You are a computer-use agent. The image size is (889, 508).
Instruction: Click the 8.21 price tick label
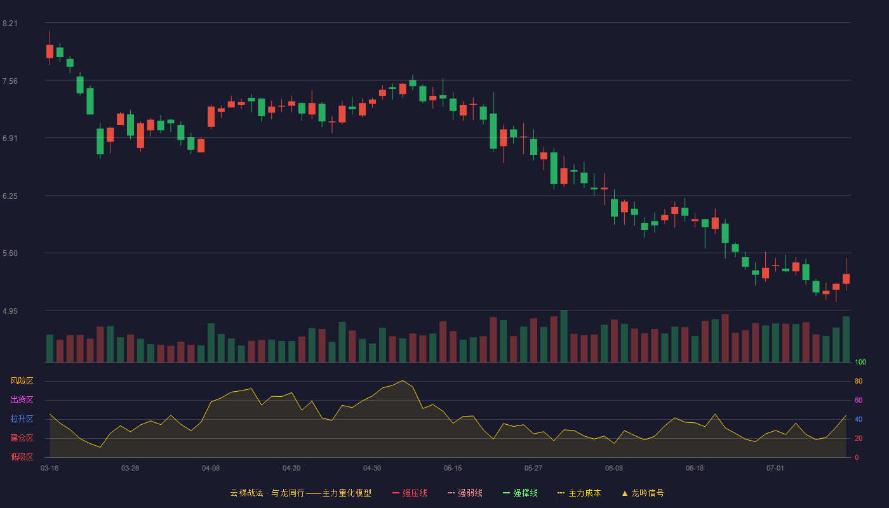pyautogui.click(x=10, y=23)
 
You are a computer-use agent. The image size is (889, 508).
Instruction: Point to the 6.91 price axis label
pyautogui.click(x=10, y=138)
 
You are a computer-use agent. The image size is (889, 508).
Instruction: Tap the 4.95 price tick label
pyautogui.click(x=10, y=311)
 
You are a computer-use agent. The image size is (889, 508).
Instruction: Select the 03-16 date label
pyautogui.click(x=50, y=469)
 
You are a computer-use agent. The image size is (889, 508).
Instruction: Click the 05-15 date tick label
pyautogui.click(x=453, y=469)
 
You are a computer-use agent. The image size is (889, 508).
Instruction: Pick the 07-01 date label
pyautogui.click(x=775, y=469)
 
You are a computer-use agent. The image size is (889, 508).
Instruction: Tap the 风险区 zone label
pyautogui.click(x=22, y=381)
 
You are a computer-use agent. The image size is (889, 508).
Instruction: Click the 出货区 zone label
pyautogui.click(x=22, y=399)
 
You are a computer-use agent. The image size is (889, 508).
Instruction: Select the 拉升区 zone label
pyautogui.click(x=22, y=418)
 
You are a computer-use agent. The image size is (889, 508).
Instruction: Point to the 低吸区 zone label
pyautogui.click(x=22, y=457)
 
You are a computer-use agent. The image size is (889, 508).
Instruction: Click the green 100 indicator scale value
pyautogui.click(x=860, y=362)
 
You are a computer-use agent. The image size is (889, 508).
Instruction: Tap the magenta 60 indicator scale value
pyautogui.click(x=859, y=400)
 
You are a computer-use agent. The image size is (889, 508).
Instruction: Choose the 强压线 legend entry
pyautogui.click(x=410, y=493)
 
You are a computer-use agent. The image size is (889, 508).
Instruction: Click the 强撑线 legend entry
pyautogui.click(x=520, y=493)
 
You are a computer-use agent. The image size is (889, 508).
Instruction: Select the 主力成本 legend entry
pyautogui.click(x=579, y=493)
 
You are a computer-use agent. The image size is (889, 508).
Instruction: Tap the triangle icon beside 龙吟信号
pyautogui.click(x=625, y=493)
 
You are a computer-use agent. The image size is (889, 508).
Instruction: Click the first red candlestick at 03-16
pyautogui.click(x=50, y=51)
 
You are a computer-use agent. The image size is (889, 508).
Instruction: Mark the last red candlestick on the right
pyautogui.click(x=846, y=279)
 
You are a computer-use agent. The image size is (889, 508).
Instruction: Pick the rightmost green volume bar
pyautogui.click(x=846, y=339)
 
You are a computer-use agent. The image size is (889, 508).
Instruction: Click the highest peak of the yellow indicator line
pyautogui.click(x=403, y=380)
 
